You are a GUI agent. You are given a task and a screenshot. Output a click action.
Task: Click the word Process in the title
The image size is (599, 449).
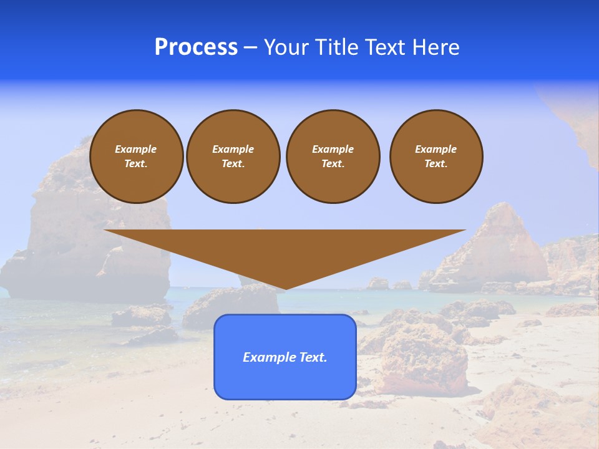196,47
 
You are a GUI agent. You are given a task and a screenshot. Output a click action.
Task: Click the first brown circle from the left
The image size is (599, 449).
136,157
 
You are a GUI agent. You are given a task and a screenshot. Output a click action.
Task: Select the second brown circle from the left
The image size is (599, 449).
233,157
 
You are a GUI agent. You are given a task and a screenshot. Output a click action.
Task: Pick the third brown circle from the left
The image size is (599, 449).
333,157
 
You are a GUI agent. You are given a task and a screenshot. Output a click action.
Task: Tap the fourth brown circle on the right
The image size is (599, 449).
436,157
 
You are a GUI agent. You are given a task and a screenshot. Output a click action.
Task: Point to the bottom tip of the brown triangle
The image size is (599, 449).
285,289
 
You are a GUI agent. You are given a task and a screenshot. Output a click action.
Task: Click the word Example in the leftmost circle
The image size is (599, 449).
136,149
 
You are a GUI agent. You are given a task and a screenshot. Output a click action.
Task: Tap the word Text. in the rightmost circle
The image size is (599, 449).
436,164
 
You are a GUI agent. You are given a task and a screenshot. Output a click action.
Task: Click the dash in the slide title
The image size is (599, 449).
250,47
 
